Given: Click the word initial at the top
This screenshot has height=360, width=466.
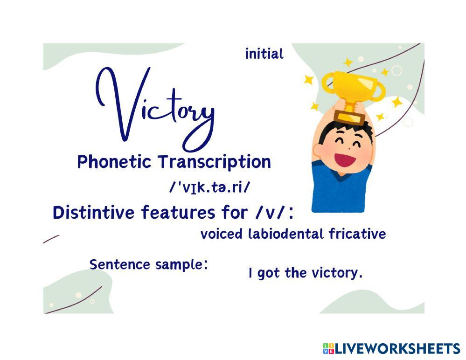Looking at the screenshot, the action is (x=264, y=55).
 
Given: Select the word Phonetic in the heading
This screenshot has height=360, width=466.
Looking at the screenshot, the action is (x=114, y=162).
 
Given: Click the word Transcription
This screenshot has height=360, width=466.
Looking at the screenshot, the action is (x=214, y=162).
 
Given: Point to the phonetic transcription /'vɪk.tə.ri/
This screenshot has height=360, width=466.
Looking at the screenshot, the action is (x=209, y=187).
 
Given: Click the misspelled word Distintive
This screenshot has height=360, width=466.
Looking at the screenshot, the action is (x=93, y=213).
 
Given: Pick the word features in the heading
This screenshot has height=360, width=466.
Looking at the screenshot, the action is (x=178, y=213).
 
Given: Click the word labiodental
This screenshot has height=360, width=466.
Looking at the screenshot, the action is (x=286, y=234).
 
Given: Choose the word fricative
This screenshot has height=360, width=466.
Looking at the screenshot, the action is (x=357, y=234).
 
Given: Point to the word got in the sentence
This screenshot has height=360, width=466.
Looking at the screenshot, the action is (x=268, y=273).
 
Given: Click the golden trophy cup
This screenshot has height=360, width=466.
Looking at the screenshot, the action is (x=353, y=96).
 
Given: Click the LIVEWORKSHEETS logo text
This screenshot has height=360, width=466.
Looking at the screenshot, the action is (x=397, y=349).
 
